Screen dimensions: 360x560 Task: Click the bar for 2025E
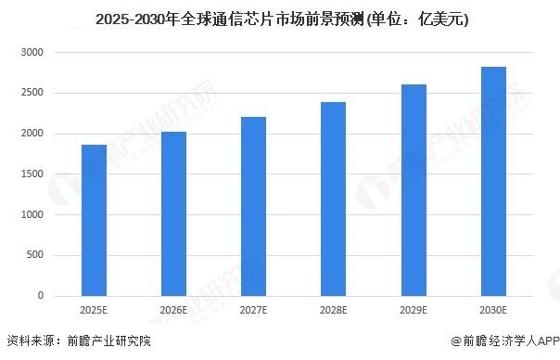(x=94, y=221)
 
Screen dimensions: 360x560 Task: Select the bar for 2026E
(x=173, y=214)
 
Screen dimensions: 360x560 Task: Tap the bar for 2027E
(x=253, y=207)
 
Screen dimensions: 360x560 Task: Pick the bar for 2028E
(x=333, y=199)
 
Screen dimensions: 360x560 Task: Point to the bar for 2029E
(x=413, y=190)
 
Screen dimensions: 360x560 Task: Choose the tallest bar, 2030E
(x=492, y=182)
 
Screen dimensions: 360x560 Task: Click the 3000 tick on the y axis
(x=32, y=53)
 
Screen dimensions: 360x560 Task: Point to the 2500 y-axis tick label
(x=32, y=94)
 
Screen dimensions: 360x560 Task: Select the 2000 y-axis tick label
(x=32, y=135)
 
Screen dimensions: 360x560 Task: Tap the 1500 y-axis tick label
(x=32, y=174)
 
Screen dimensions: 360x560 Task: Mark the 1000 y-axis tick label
(x=32, y=215)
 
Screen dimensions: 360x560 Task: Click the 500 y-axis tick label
(x=35, y=255)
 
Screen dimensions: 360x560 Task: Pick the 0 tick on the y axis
(x=41, y=296)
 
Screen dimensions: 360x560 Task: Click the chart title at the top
(x=280, y=18)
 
